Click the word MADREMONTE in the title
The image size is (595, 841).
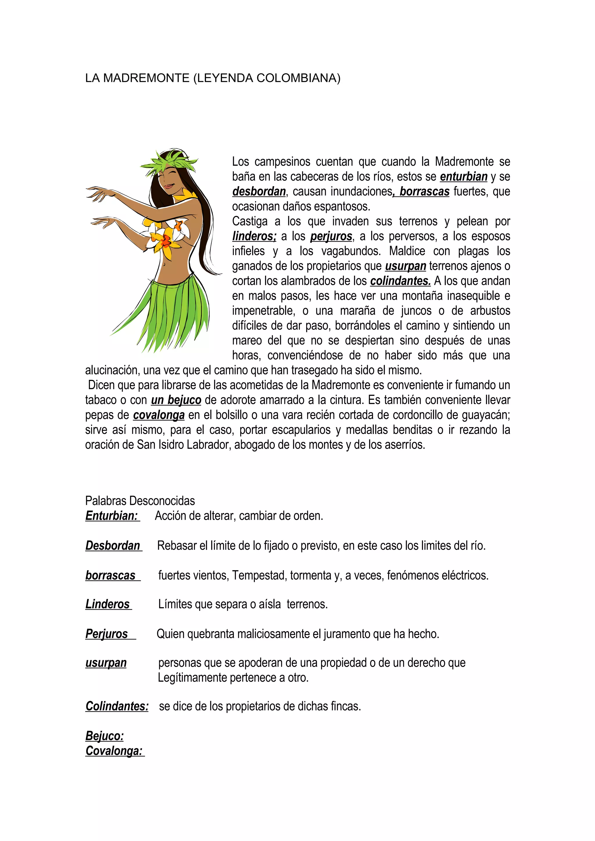point(146,78)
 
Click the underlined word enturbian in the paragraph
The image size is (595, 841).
point(463,176)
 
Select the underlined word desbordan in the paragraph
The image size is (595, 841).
point(259,192)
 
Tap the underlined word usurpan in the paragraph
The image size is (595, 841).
point(406,266)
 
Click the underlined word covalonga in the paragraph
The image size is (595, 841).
point(159,415)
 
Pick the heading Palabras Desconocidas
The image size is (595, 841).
point(140,501)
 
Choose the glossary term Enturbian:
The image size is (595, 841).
point(112,516)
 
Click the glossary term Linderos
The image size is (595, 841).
point(108,604)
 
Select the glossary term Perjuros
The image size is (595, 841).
point(107,634)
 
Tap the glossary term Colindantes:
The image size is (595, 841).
point(117,706)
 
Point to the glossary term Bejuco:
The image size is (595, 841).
point(105,735)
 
